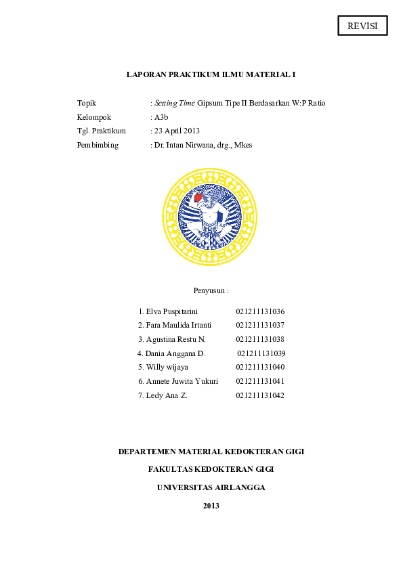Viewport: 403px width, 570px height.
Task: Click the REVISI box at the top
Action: coord(362,26)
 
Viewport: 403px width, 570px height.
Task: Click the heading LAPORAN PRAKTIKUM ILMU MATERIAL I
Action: coord(211,74)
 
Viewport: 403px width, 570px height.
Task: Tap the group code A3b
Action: coord(161,117)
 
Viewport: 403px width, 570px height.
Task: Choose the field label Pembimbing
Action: coord(98,145)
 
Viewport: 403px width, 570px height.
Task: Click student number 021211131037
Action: coord(260,325)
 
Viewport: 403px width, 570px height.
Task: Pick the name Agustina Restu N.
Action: coord(175,339)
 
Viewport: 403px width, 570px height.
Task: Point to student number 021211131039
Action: coord(261,353)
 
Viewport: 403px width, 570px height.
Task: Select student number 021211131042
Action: coord(260,395)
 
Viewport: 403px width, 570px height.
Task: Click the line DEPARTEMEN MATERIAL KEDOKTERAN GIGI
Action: coord(211,451)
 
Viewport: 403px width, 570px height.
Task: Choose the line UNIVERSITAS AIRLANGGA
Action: coord(211,487)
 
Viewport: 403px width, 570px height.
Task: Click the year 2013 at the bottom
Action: coord(211,506)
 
